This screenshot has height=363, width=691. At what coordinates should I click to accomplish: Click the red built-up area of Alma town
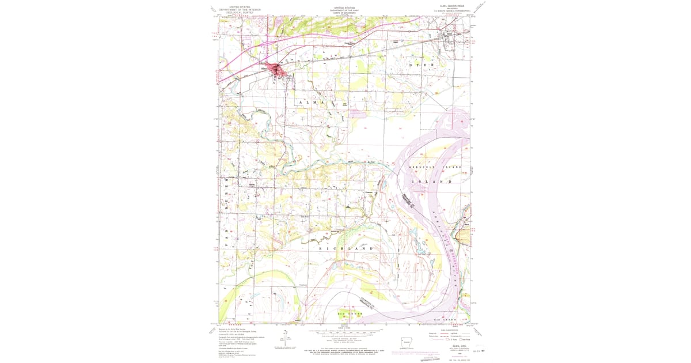tap(280, 71)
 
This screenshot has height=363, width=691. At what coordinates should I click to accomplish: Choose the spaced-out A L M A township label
tap(316, 102)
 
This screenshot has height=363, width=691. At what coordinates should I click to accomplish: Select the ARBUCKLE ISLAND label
tap(435, 167)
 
